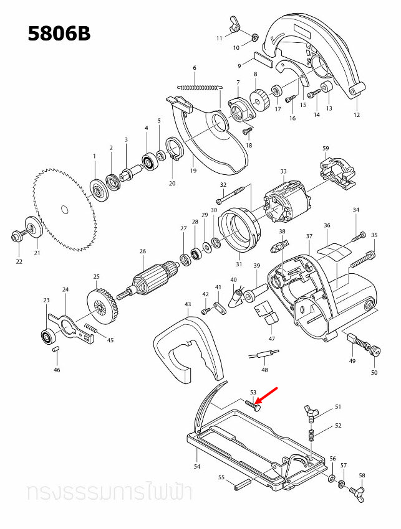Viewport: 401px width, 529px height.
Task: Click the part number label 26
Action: (x=142, y=251)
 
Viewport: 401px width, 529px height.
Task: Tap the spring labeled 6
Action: (x=198, y=87)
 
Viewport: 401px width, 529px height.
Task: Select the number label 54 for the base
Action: (x=196, y=466)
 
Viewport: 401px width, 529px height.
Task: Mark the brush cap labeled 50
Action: (x=374, y=352)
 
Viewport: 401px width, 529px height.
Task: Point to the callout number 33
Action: (x=283, y=172)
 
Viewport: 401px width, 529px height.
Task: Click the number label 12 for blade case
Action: (x=357, y=115)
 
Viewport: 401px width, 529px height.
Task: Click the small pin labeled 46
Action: (x=55, y=350)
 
